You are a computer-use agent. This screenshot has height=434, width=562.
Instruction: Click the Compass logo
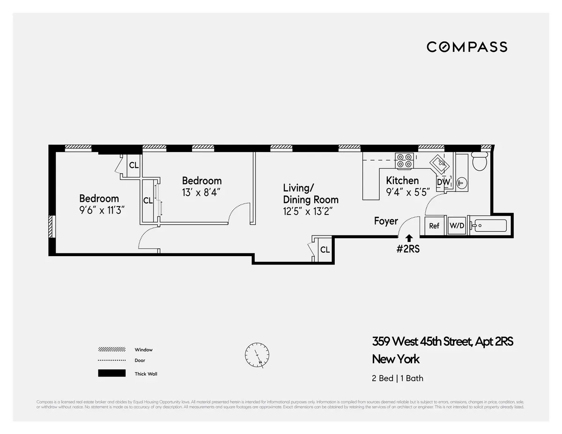point(466,47)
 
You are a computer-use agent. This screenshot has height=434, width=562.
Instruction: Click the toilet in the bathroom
point(480,162)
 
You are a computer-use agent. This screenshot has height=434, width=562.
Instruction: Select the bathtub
point(489,226)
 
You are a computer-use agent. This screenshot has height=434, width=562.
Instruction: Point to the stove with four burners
point(405,161)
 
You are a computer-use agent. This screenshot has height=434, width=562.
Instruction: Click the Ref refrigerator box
point(434,226)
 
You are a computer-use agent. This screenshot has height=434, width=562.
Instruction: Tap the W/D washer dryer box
point(457,226)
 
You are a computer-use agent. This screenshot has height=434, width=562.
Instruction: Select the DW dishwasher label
point(443,182)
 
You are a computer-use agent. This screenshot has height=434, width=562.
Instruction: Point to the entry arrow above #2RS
point(409,238)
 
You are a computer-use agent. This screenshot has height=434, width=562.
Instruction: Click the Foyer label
point(385,221)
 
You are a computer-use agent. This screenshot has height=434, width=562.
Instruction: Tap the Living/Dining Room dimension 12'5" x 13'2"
point(311,211)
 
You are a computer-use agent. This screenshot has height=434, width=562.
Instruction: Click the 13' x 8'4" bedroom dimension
point(201,192)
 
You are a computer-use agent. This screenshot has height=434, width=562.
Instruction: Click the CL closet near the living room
point(325,250)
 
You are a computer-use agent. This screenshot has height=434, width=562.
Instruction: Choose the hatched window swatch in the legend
point(111,350)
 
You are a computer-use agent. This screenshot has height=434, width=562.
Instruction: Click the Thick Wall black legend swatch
point(111,374)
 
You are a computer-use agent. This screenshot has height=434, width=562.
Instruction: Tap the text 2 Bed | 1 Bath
point(398,378)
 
